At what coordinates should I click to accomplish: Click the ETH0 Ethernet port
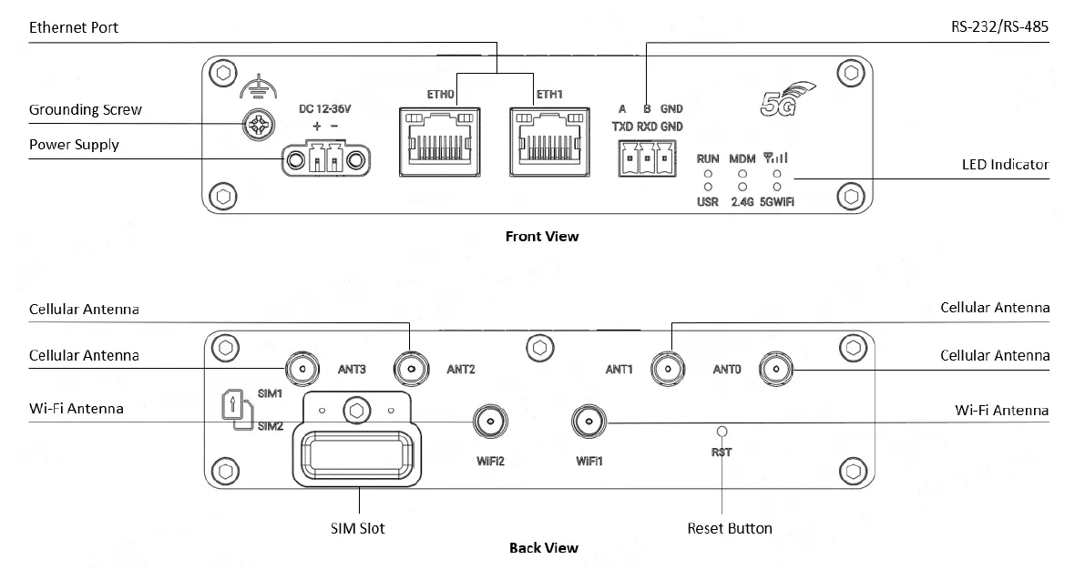click(x=440, y=141)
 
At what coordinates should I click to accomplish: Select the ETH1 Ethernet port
click(x=549, y=141)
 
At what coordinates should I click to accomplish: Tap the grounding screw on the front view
click(x=258, y=126)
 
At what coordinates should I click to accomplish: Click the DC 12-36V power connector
click(x=326, y=160)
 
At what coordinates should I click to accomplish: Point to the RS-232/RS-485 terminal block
click(x=647, y=158)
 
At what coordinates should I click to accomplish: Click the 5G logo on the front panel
click(x=787, y=99)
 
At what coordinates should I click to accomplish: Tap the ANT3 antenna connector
click(x=303, y=369)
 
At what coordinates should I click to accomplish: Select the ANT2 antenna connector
click(x=411, y=369)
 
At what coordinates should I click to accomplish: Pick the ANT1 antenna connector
click(x=668, y=369)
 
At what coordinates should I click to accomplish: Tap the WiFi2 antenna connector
click(x=490, y=422)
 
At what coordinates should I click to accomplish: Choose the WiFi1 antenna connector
click(x=589, y=422)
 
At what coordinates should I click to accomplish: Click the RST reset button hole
click(x=722, y=432)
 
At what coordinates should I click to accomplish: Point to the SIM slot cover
click(x=356, y=439)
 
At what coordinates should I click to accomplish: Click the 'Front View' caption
click(x=542, y=237)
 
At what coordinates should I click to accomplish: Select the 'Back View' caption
click(x=544, y=548)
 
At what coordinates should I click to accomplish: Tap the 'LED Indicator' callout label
click(x=1006, y=165)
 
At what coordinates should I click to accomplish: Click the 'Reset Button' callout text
click(x=730, y=528)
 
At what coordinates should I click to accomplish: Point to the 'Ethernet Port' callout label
click(x=74, y=27)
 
